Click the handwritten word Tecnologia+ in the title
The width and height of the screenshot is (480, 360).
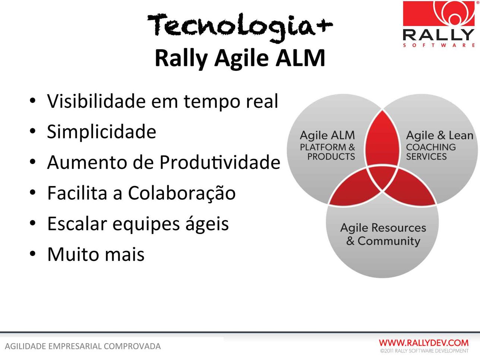pos(240,27)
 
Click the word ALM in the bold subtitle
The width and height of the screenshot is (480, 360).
pos(300,58)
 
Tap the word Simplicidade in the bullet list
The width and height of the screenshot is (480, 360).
pos(101,132)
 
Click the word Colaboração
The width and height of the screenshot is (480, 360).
pos(182,193)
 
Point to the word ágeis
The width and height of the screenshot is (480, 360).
pos(207,224)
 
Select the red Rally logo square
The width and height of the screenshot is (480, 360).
pos(439,13)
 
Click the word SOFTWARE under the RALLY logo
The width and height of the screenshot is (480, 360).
pos(439,45)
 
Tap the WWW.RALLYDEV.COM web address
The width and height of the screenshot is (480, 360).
pos(424,343)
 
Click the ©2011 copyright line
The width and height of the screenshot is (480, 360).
pos(424,351)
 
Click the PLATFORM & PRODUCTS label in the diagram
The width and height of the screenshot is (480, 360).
pos(327,152)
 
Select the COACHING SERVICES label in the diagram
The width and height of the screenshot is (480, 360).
pos(431,152)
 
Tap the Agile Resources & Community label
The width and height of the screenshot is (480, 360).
pos(383,234)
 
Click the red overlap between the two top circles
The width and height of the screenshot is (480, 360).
pos(382,138)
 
